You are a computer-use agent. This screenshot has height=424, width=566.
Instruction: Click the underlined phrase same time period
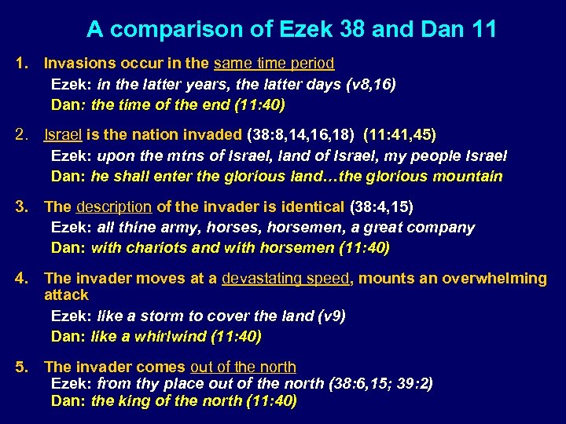(x=274, y=63)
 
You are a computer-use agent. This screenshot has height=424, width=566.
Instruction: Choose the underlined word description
(x=113, y=207)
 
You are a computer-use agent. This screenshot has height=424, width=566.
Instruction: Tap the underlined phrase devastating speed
(x=289, y=279)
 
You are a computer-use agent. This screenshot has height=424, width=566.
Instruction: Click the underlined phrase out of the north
(x=243, y=367)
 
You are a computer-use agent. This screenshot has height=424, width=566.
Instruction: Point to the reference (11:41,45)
(x=399, y=135)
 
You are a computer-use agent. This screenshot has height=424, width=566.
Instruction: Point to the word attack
(x=67, y=295)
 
